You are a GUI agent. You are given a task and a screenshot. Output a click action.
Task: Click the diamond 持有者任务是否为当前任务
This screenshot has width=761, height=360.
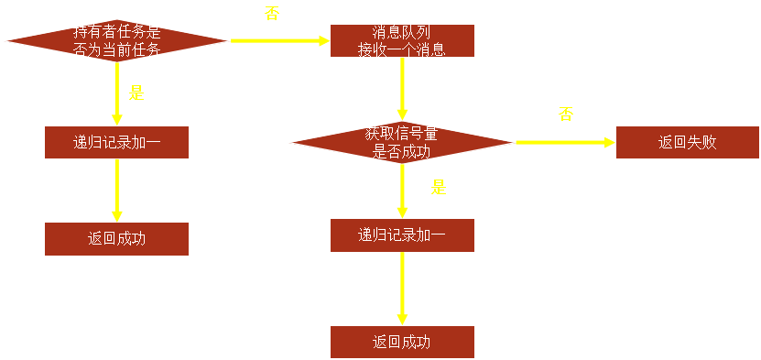(116, 41)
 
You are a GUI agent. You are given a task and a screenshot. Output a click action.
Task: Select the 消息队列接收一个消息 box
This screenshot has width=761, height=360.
(402, 41)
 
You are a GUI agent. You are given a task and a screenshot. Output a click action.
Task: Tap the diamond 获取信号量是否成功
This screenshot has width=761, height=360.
(402, 143)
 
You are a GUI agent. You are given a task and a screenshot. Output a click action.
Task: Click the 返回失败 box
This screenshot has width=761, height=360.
(687, 143)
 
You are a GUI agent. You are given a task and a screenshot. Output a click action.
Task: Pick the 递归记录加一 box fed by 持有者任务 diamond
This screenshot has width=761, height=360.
(116, 143)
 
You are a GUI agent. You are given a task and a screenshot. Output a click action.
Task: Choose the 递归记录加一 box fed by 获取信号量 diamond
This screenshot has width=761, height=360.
(402, 235)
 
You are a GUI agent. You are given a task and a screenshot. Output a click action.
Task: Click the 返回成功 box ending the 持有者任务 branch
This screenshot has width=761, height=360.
(116, 239)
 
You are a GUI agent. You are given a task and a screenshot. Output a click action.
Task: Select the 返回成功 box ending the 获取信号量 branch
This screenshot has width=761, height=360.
(402, 342)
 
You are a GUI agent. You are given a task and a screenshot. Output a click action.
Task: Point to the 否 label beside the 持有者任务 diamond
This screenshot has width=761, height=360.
(271, 15)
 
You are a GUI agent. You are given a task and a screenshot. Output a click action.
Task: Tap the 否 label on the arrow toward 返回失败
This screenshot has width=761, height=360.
(565, 115)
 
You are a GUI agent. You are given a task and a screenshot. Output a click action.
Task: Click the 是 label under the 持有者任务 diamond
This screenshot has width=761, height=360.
(136, 93)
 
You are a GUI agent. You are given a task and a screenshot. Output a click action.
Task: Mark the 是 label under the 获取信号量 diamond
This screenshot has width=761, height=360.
(439, 187)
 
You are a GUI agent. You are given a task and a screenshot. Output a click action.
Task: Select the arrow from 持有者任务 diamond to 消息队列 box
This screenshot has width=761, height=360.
(275, 41)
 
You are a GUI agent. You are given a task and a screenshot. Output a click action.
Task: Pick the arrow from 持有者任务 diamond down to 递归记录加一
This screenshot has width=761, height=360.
(116, 92)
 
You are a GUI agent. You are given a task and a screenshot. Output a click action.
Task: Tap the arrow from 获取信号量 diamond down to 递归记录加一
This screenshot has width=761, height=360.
(402, 188)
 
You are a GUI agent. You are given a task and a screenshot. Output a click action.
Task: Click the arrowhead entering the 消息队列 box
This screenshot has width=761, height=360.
(323, 41)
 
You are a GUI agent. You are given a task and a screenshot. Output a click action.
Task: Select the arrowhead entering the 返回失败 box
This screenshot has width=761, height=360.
(608, 143)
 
